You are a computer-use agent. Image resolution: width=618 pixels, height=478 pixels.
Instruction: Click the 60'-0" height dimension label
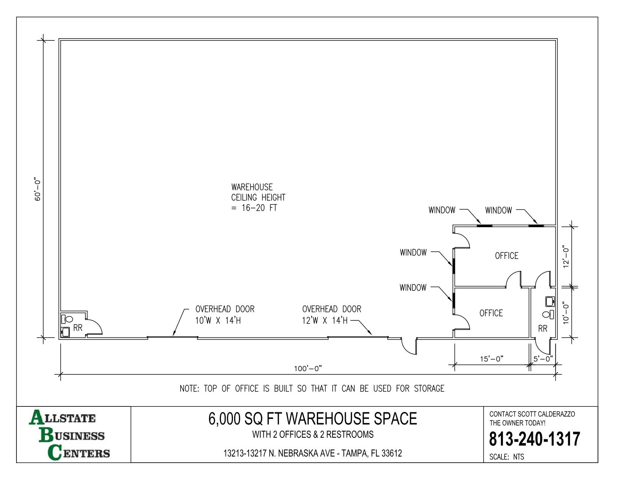coord(37,190)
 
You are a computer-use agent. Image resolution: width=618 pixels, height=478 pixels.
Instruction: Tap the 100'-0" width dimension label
coord(308,369)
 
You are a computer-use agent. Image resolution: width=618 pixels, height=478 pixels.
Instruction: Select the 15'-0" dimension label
coord(492,359)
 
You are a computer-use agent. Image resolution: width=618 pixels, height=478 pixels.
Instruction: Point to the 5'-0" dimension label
coord(543,359)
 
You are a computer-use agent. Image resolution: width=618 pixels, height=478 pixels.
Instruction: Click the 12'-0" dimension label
coord(566,256)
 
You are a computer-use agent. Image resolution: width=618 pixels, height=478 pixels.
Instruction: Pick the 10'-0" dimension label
coord(566,313)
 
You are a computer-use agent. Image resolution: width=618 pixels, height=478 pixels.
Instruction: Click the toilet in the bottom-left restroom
coord(67,319)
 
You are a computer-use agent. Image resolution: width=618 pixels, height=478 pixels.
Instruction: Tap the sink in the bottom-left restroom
coord(66,332)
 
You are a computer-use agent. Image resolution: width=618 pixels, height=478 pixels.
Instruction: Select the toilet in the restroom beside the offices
coord(548,314)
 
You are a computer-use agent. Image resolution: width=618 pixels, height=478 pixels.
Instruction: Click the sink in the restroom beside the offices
coord(550,301)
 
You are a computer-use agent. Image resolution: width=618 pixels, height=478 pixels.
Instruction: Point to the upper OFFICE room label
coord(506,256)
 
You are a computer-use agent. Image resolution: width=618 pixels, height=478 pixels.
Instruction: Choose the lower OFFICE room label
coord(491,313)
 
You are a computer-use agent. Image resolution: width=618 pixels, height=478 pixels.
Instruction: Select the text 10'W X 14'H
coord(218,321)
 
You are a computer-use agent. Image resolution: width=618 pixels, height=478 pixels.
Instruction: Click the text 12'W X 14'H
coord(325,321)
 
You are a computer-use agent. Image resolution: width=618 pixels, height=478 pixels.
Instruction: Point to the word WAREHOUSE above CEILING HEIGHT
coord(252,187)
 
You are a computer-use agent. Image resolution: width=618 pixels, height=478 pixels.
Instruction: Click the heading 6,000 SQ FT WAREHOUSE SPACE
coord(312,418)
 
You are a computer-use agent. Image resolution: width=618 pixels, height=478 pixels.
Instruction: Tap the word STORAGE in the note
coord(429,388)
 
